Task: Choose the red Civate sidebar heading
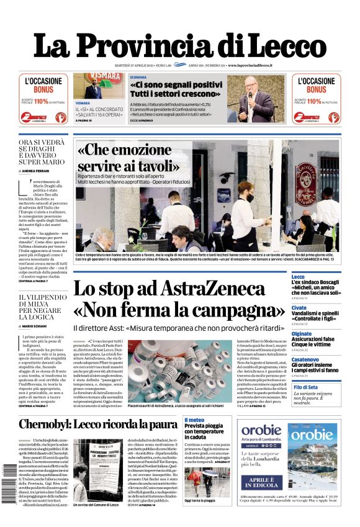click(x=299, y=307)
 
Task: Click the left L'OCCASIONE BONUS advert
click(x=43, y=98)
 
